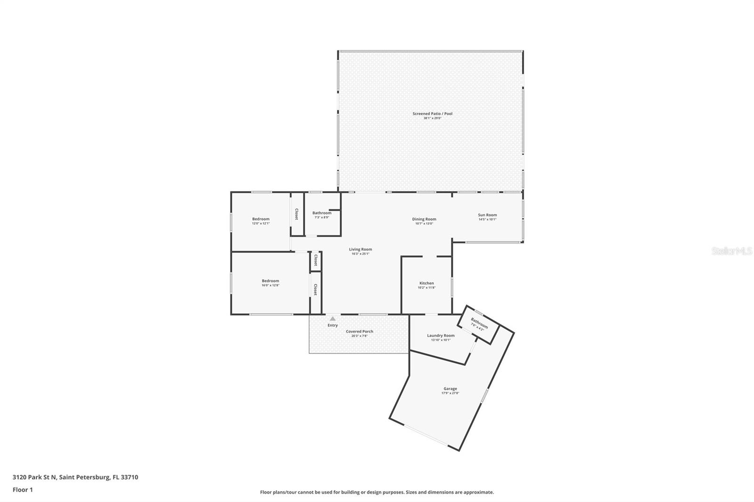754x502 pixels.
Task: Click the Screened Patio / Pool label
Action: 432,113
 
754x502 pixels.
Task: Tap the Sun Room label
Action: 487,215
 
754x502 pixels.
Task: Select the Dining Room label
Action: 424,219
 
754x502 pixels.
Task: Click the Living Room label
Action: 360,249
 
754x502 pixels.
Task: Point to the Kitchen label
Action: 426,283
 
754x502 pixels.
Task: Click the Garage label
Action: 450,389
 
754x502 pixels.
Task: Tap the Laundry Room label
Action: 441,335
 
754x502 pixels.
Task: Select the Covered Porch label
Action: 360,331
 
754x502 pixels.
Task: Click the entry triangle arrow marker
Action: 333,319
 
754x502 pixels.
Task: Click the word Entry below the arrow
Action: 333,325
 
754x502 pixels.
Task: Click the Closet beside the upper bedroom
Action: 296,214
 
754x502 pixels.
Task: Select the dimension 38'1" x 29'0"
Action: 432,118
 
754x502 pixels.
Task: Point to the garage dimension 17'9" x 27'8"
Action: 450,393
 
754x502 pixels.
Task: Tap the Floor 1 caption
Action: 23,490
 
